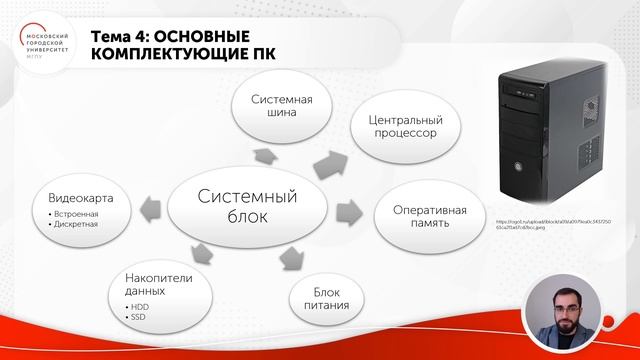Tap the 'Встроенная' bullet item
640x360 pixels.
pyautogui.click(x=71, y=214)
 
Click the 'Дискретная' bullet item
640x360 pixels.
pyautogui.click(x=71, y=224)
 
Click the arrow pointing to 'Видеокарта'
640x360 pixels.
pyautogui.click(x=153, y=209)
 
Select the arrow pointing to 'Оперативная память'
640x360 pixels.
pyautogui.click(x=350, y=212)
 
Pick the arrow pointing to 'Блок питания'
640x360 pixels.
pyautogui.click(x=291, y=257)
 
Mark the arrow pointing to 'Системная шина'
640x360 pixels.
pyautogui.click(x=266, y=156)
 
